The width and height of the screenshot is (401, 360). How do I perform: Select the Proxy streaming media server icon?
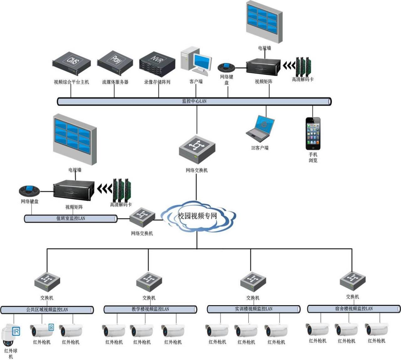(115, 62)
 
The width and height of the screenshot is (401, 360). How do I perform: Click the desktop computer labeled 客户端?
(196, 61)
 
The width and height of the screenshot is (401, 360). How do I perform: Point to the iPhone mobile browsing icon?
(313, 133)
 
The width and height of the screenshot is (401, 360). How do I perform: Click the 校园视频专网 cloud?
(197, 216)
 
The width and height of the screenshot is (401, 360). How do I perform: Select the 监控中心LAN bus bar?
(194, 101)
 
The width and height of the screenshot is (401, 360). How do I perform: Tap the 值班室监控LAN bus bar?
(71, 218)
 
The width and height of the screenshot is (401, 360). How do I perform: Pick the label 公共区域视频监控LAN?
(47, 310)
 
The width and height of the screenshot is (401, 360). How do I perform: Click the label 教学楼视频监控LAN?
(150, 309)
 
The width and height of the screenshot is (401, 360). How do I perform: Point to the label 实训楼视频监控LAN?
(254, 309)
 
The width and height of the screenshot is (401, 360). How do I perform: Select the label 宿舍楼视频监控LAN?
(354, 309)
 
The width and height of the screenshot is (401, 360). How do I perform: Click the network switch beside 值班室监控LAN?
(143, 217)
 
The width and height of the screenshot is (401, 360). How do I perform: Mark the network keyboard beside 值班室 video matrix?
(29, 190)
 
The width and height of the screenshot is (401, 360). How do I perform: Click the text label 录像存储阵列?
(157, 82)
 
